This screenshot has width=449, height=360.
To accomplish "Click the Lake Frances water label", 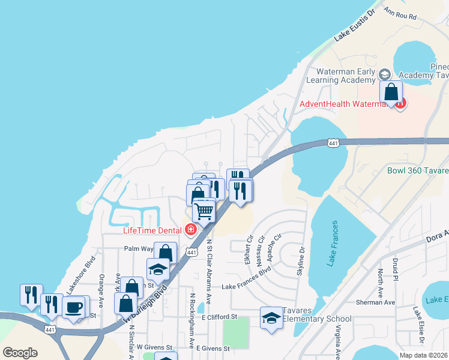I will coord(334,245).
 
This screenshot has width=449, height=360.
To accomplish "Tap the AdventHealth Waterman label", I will coord(345,104).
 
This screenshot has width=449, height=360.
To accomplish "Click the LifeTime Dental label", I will coord(153,230).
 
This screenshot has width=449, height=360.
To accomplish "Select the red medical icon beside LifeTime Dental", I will coord(191,230).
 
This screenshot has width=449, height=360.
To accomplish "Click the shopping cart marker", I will coord(204,211).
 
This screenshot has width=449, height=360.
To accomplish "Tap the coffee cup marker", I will coord(74,308).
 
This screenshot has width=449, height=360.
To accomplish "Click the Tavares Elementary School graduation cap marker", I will coord(271,317).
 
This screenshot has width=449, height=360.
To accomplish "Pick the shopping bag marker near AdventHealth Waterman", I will coord(391,93).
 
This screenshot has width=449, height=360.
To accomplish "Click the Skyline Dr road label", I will coord(301,262).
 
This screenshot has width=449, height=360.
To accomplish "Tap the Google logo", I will coord(20,353).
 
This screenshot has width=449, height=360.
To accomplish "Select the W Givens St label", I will coord(154,347).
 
